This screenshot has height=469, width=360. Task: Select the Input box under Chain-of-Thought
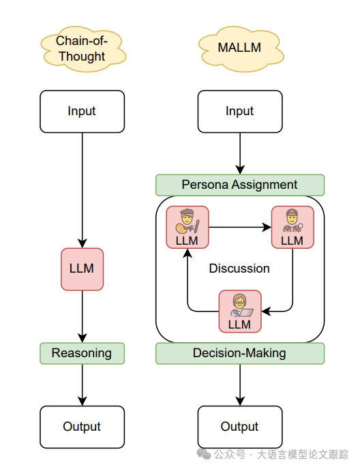tap(82, 111)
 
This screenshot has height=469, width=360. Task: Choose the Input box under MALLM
tap(240, 111)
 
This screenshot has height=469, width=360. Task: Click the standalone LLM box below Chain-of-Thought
tap(82, 269)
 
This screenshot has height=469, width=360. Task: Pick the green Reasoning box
tap(82, 353)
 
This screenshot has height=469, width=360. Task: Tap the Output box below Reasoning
tap(82, 427)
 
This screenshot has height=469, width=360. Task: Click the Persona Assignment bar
tap(240, 185)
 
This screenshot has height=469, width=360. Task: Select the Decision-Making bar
tap(240, 353)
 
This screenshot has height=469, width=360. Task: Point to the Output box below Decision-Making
tap(240, 427)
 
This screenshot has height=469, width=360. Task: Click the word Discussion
tap(239, 269)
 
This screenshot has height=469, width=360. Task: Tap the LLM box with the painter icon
tap(187, 227)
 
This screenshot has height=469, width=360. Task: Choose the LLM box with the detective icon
tap(292, 227)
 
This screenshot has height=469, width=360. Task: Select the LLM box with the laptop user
tap(240, 311)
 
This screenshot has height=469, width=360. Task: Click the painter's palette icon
tap(182, 229)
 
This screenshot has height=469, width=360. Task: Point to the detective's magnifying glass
tap(299, 227)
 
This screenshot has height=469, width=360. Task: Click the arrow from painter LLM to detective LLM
tap(240, 227)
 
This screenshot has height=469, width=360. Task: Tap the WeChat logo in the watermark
tap(203, 454)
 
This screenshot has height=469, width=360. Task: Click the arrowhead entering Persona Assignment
tap(240, 170)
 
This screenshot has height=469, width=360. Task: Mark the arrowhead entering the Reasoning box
tap(82, 337)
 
